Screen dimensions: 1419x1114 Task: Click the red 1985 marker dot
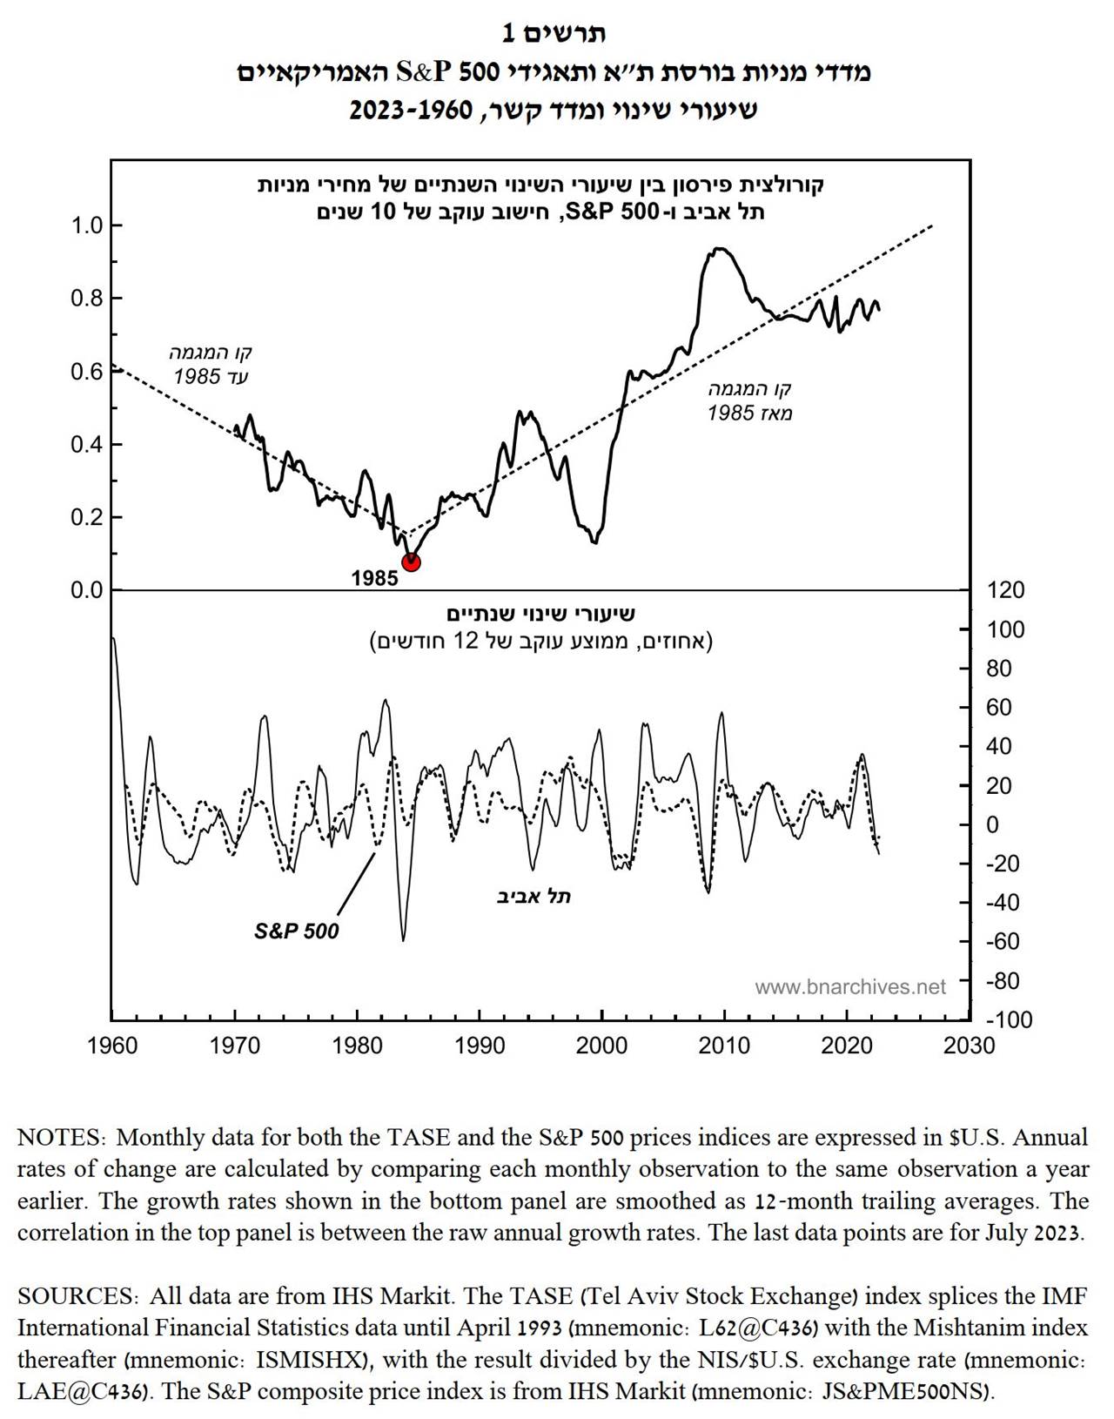412,562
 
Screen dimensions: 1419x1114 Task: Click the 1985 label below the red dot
374,578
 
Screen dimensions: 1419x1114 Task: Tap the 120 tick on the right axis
1006,590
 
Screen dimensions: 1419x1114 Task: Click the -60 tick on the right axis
1003,942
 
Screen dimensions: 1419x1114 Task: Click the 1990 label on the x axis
479,1046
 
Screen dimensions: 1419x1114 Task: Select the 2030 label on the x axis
969,1046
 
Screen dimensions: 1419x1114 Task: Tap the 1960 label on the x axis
112,1046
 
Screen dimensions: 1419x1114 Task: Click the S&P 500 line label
296,931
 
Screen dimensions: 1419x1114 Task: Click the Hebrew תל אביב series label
534,896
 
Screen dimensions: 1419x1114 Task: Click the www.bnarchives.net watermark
849,987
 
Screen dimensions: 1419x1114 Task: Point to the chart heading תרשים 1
554,33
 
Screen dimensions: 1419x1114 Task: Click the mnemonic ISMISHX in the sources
325,1359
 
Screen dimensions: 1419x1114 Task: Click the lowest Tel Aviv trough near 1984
403,940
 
